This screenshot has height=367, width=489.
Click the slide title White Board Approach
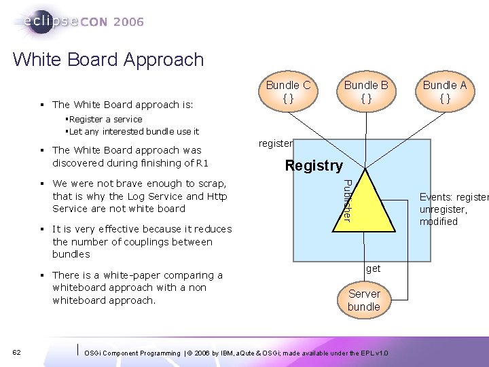click(x=108, y=59)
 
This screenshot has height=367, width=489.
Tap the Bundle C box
click(x=288, y=92)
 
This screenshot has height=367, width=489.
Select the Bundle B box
click(x=365, y=92)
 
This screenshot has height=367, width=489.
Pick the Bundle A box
click(x=445, y=92)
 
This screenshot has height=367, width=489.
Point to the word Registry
click(x=314, y=165)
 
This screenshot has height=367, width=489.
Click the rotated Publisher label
click(x=346, y=199)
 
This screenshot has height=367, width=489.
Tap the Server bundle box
click(x=364, y=300)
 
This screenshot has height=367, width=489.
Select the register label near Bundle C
click(x=275, y=143)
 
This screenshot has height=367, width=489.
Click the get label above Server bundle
click(x=374, y=268)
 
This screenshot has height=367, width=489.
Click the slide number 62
click(x=17, y=351)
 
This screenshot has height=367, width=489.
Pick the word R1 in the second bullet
click(x=202, y=162)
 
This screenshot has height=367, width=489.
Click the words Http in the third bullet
click(x=217, y=196)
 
